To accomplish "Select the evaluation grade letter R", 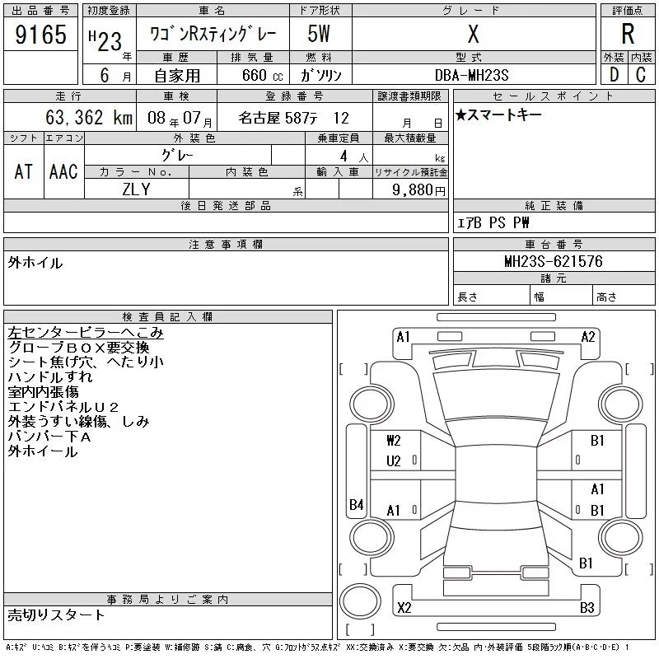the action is [628, 35].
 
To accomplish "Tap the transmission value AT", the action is [24, 171].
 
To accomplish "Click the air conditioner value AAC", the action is [63, 171].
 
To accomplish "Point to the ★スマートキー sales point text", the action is [498, 115].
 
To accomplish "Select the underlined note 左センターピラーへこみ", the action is [86, 333].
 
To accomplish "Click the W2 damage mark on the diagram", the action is [394, 441].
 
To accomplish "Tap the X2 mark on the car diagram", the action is [404, 608].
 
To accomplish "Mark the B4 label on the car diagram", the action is [356, 505].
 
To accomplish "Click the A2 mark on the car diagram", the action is [588, 336].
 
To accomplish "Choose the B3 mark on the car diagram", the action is [587, 608].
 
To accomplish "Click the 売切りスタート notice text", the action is [56, 615].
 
